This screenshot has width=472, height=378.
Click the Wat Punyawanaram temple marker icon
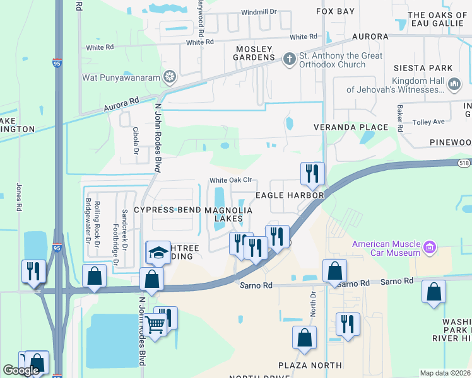[170, 77]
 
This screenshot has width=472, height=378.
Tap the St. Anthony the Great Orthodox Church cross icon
[290, 59]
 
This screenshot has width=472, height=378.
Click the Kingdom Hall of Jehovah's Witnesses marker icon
[454, 84]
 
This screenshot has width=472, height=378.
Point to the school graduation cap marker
[158, 253]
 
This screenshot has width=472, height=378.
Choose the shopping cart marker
[155, 325]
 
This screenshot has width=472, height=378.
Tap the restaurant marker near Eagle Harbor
[312, 173]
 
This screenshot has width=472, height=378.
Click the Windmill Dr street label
[259, 12]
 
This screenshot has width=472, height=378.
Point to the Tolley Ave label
[429, 122]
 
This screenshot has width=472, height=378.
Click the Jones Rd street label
[20, 197]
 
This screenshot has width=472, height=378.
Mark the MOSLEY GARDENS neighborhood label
[254, 53]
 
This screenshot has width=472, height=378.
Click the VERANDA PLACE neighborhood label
[351, 127]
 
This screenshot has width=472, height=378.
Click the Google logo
[21, 370]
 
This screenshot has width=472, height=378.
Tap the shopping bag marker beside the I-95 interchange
[94, 276]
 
